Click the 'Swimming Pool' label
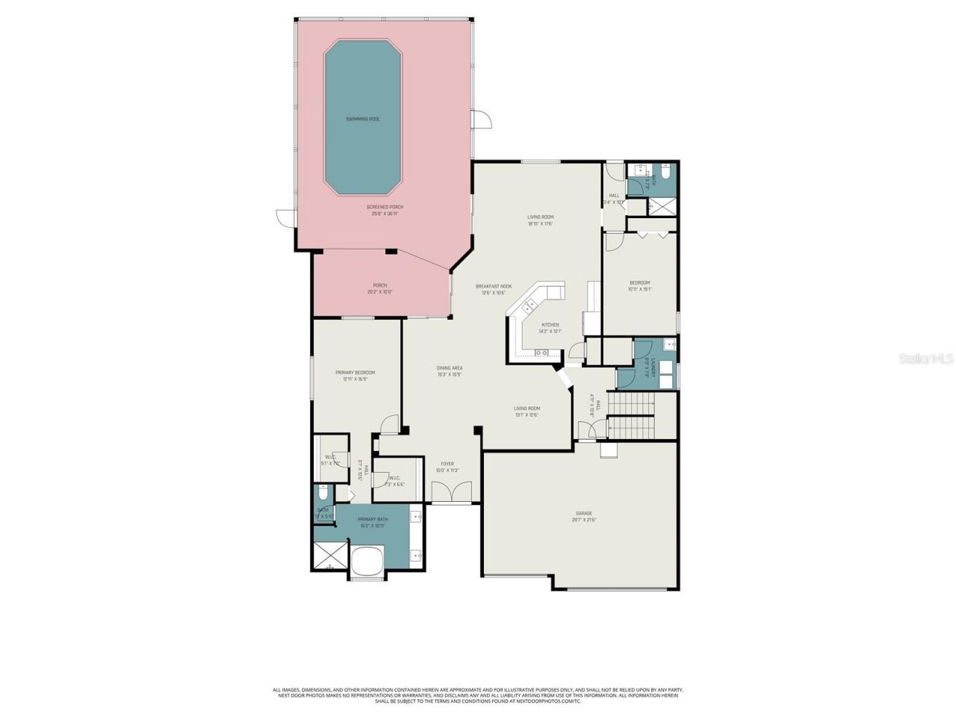tap(362, 119)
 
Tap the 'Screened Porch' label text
tap(385, 207)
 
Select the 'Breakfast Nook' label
tap(494, 286)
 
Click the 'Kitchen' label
tap(550, 325)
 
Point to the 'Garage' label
tap(583, 513)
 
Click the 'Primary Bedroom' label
tap(355, 373)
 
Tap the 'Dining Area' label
tap(450, 367)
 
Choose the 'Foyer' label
tap(447, 464)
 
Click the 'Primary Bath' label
tap(372, 519)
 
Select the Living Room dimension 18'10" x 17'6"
tap(541, 223)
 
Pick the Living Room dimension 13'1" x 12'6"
tap(527, 415)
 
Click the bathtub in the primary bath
tap(366, 562)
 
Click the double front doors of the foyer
tap(452, 492)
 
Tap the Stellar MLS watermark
tap(925, 359)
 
